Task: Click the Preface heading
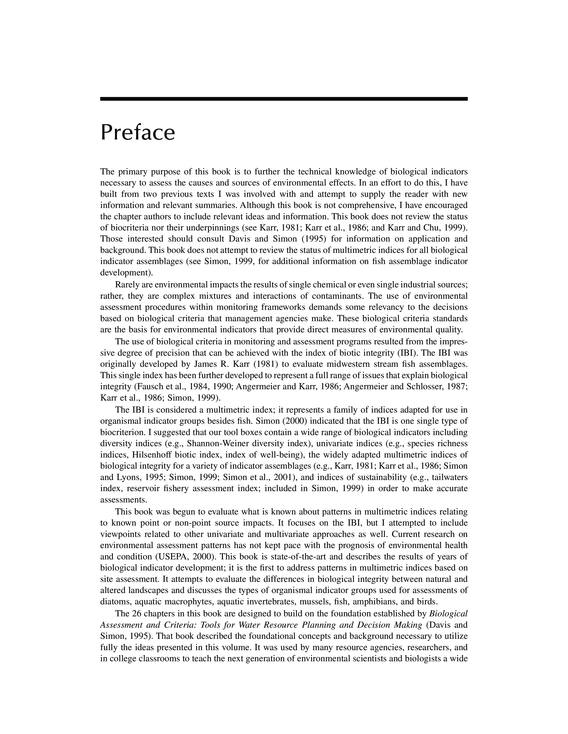click(138, 133)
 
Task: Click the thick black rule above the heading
click(284, 99)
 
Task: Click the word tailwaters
click(449, 477)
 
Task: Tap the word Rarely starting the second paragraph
click(127, 285)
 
